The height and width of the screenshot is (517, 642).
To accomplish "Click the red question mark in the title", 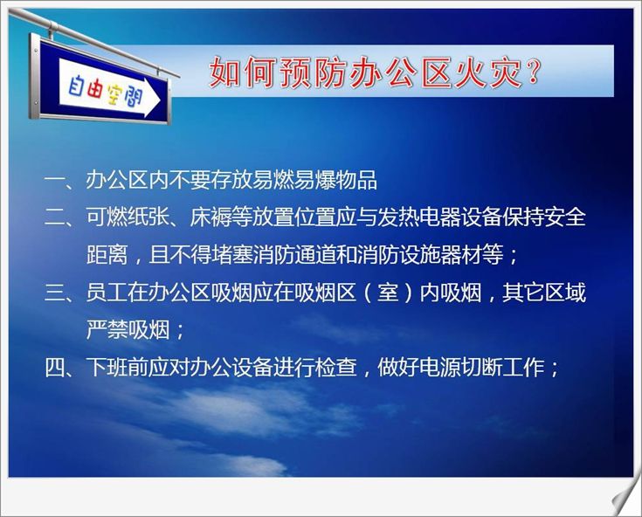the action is (532, 72).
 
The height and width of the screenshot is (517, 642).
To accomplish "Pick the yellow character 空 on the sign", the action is (114, 94).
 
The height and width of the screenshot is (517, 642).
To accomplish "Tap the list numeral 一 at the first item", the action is (54, 180).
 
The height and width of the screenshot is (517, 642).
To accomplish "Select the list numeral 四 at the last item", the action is (54, 367).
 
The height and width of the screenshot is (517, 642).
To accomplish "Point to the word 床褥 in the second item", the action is (211, 217).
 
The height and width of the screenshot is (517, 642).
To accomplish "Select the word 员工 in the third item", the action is (107, 293).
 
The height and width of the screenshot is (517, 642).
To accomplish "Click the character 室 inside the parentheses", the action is (387, 293).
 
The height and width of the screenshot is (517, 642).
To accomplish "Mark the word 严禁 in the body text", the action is (107, 329).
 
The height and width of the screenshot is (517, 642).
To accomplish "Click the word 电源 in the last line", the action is (439, 367).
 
